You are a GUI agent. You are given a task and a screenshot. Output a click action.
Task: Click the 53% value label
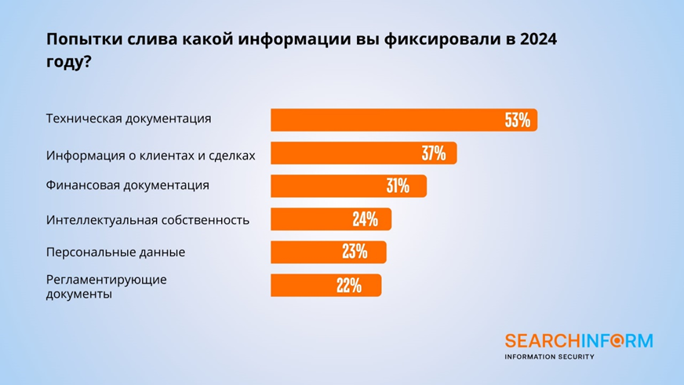point(518,120)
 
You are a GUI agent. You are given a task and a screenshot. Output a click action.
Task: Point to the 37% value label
point(434,153)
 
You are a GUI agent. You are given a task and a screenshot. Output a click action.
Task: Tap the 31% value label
point(398,186)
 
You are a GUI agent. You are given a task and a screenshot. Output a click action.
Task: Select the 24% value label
point(365,219)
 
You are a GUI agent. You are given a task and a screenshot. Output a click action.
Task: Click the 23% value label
point(355,252)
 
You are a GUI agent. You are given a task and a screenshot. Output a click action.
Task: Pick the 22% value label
point(349,285)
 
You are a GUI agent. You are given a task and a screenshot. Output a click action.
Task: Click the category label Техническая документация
point(129,119)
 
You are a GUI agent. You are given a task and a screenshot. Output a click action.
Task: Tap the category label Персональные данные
point(116,252)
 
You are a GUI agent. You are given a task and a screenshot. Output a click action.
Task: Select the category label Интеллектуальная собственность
point(148,219)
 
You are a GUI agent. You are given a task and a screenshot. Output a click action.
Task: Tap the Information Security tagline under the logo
point(549,357)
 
